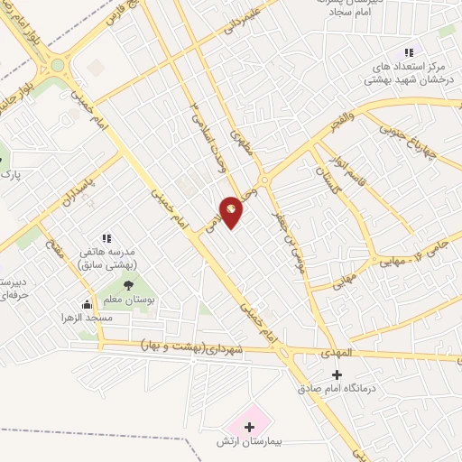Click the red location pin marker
[x=232, y=210]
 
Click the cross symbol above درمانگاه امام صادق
[x=337, y=374]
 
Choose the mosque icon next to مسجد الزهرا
[x=87, y=305]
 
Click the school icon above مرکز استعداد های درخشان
[x=409, y=52]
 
